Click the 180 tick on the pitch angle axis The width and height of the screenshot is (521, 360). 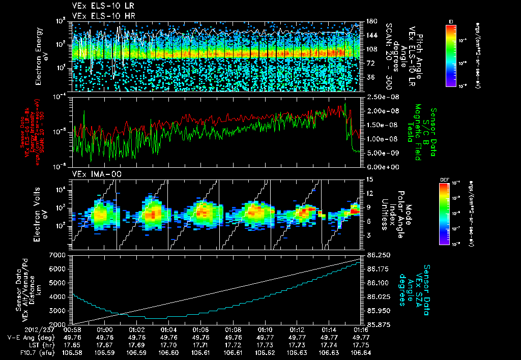coord(370,21)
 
